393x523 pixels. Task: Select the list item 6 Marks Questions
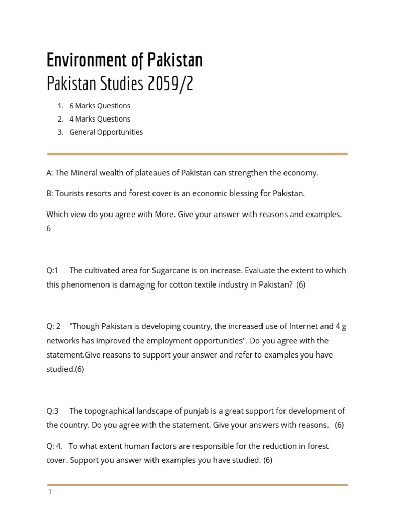[x=100, y=106]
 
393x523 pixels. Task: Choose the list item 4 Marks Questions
[x=100, y=119]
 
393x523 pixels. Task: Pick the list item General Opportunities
[x=106, y=132]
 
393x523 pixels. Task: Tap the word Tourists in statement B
[x=71, y=194]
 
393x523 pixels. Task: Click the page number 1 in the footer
[x=50, y=493]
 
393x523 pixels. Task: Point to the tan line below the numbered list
[x=197, y=154]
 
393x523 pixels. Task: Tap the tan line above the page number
[x=197, y=485]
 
